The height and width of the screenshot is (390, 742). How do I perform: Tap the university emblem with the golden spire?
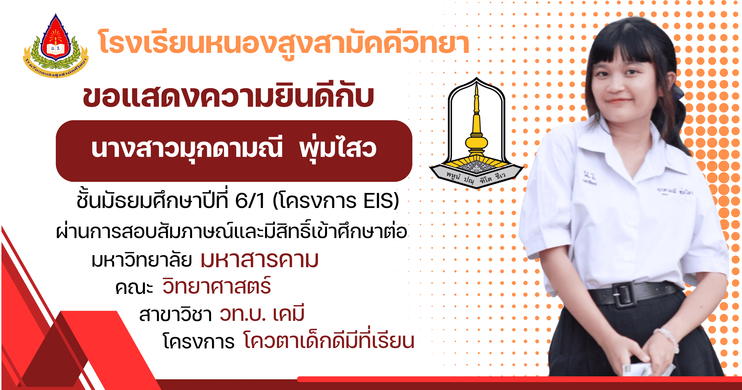[476, 133]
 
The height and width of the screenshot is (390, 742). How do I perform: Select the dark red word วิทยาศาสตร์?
[217, 285]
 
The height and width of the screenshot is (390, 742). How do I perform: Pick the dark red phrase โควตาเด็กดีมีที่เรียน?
[329, 340]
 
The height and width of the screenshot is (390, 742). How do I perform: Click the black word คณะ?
[134, 288]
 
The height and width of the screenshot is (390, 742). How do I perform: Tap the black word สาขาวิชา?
[176, 314]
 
